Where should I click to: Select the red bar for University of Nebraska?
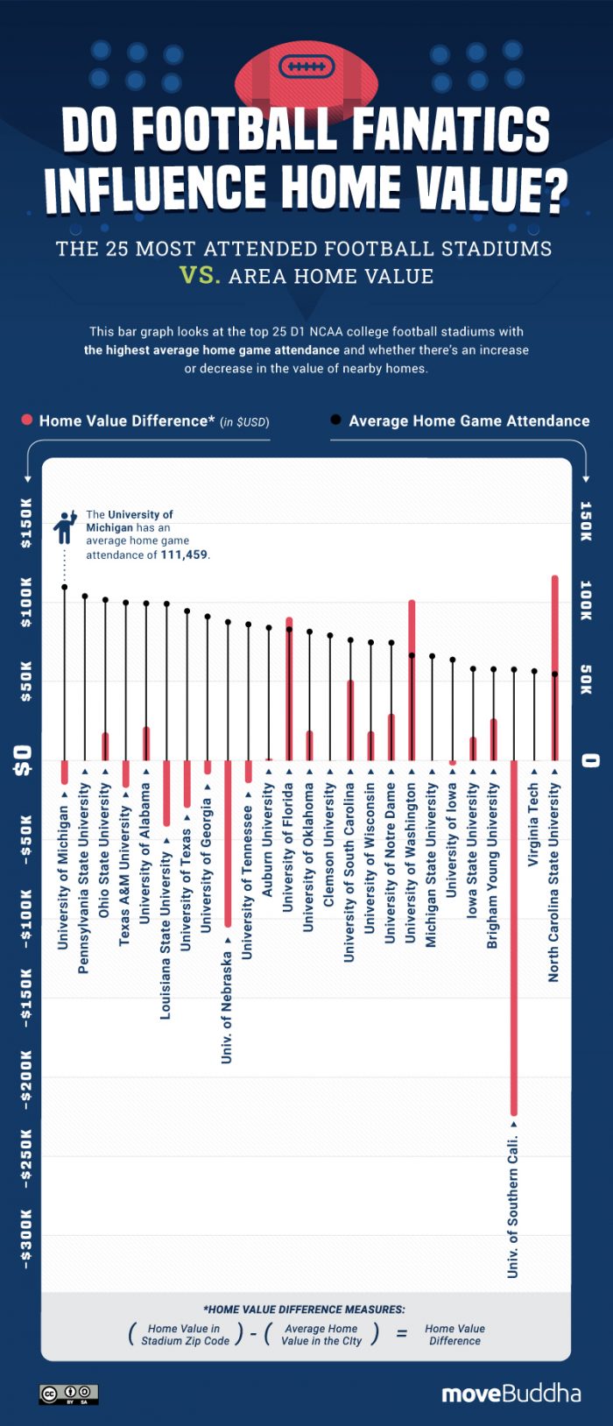tap(228, 843)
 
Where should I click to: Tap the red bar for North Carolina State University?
tap(554, 667)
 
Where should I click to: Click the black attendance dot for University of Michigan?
tap(64, 587)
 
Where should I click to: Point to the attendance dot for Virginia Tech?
tap(534, 671)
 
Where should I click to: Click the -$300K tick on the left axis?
tap(25, 1239)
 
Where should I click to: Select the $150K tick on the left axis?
tap(25, 523)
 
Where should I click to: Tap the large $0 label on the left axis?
tap(24, 759)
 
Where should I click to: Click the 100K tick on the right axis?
tap(587, 601)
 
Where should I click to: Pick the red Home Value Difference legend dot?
tap(27, 420)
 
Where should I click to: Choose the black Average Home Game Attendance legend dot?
tap(335, 420)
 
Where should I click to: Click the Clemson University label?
tap(329, 844)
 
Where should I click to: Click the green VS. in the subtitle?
tap(199, 276)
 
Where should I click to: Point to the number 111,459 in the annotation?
tap(185, 554)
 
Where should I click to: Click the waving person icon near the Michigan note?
tap(65, 527)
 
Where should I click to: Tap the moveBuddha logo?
tap(511, 1393)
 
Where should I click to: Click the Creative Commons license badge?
tap(68, 1394)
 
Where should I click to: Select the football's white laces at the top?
tap(306, 67)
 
